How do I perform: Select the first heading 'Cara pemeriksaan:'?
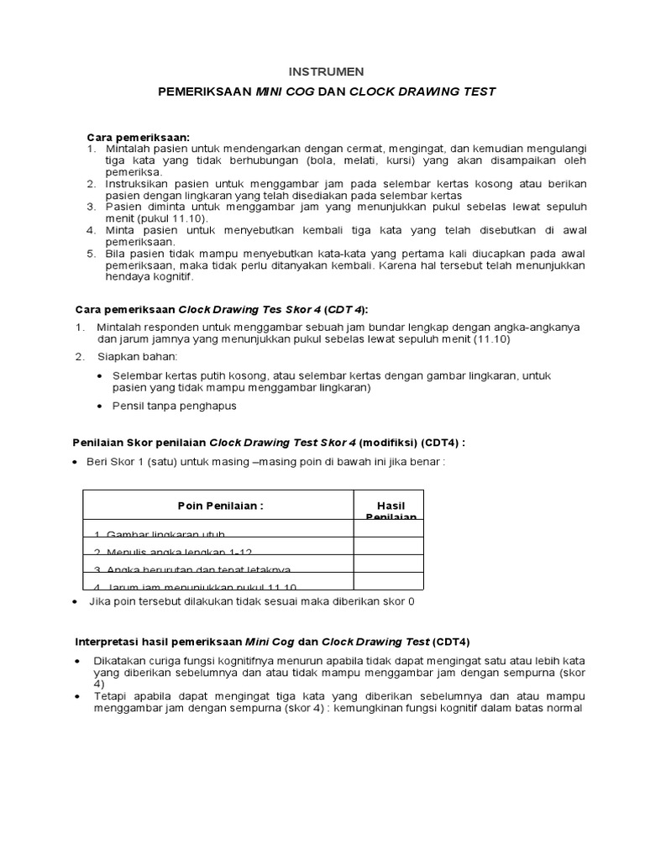pos(139,137)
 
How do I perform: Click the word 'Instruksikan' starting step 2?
pos(137,183)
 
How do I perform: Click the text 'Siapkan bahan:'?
pos(139,357)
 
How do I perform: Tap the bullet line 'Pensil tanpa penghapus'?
pos(174,406)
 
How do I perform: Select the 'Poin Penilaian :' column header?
pos(221,506)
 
